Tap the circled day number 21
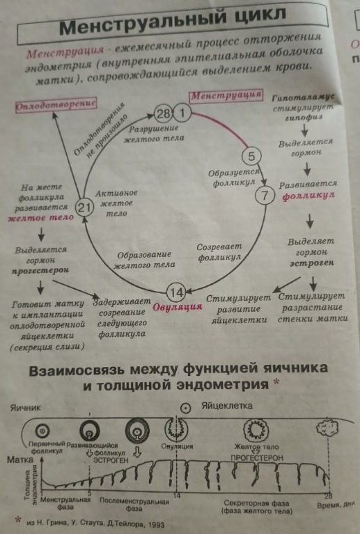pos(84,207)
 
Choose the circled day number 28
pos(163,113)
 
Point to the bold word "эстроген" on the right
pos(307,263)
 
